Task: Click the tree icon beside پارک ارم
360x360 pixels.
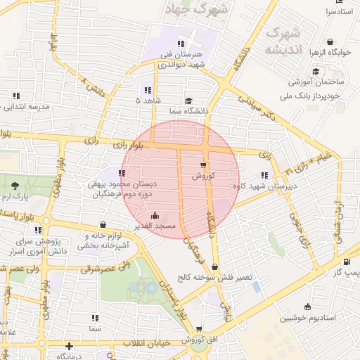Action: pyautogui.click(x=15, y=186)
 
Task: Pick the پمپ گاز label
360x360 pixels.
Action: pyautogui.click(x=346, y=271)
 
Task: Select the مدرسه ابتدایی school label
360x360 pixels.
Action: pyautogui.click(x=28, y=107)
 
